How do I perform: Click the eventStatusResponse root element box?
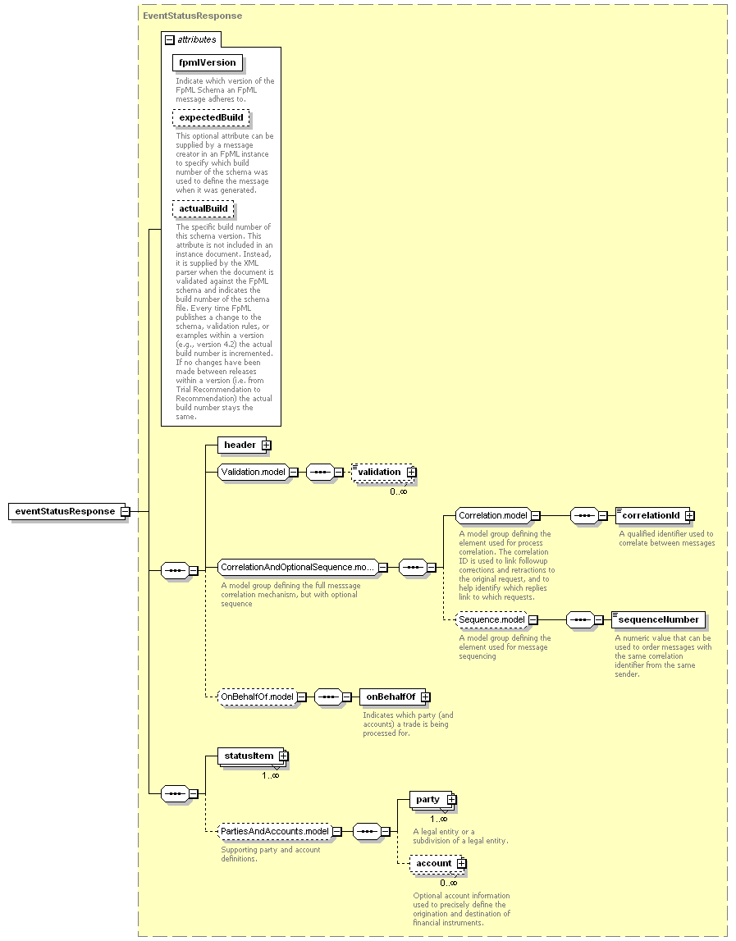[x=68, y=511]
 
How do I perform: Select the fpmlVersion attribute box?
[x=208, y=62]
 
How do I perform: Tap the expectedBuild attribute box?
[x=211, y=117]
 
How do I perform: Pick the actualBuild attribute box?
[x=203, y=209]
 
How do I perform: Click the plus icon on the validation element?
[x=411, y=473]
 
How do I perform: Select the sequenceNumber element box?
[x=659, y=620]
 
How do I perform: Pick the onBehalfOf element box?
[x=392, y=697]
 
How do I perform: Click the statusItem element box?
[x=251, y=756]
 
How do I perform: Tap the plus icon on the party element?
[x=451, y=800]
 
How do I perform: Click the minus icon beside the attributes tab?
[x=170, y=40]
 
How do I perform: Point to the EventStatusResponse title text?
[x=193, y=16]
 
